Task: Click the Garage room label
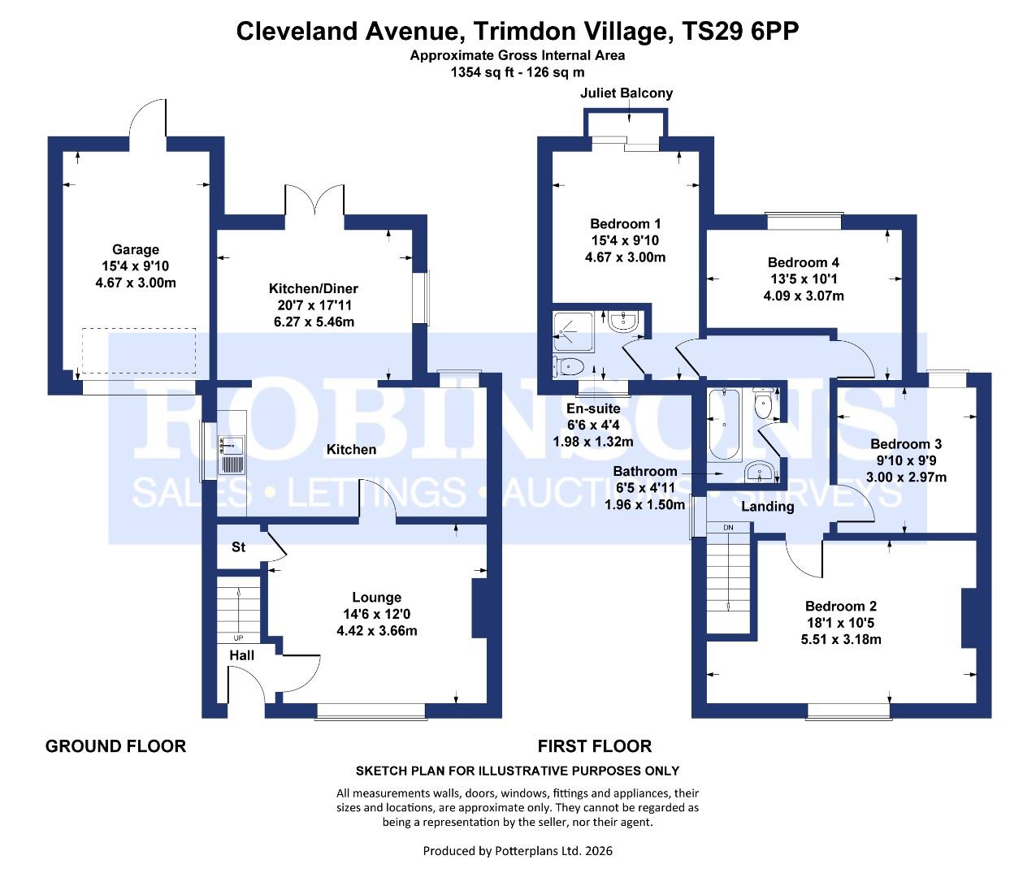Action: point(135,250)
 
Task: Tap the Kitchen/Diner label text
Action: point(313,288)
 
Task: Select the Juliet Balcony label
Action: point(626,93)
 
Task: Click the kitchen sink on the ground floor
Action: point(232,454)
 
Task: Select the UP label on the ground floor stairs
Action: point(238,637)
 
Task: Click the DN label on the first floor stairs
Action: point(727,528)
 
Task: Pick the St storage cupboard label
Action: point(238,547)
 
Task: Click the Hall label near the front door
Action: point(241,655)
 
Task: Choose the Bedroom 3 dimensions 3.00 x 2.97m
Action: point(906,477)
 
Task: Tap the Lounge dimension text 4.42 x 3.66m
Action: point(376,631)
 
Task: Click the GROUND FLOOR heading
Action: point(115,746)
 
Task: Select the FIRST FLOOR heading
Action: point(594,746)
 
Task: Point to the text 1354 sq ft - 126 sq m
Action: point(518,71)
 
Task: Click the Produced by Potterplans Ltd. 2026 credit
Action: point(518,851)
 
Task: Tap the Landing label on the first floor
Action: point(767,507)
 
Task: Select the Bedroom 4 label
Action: point(803,262)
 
